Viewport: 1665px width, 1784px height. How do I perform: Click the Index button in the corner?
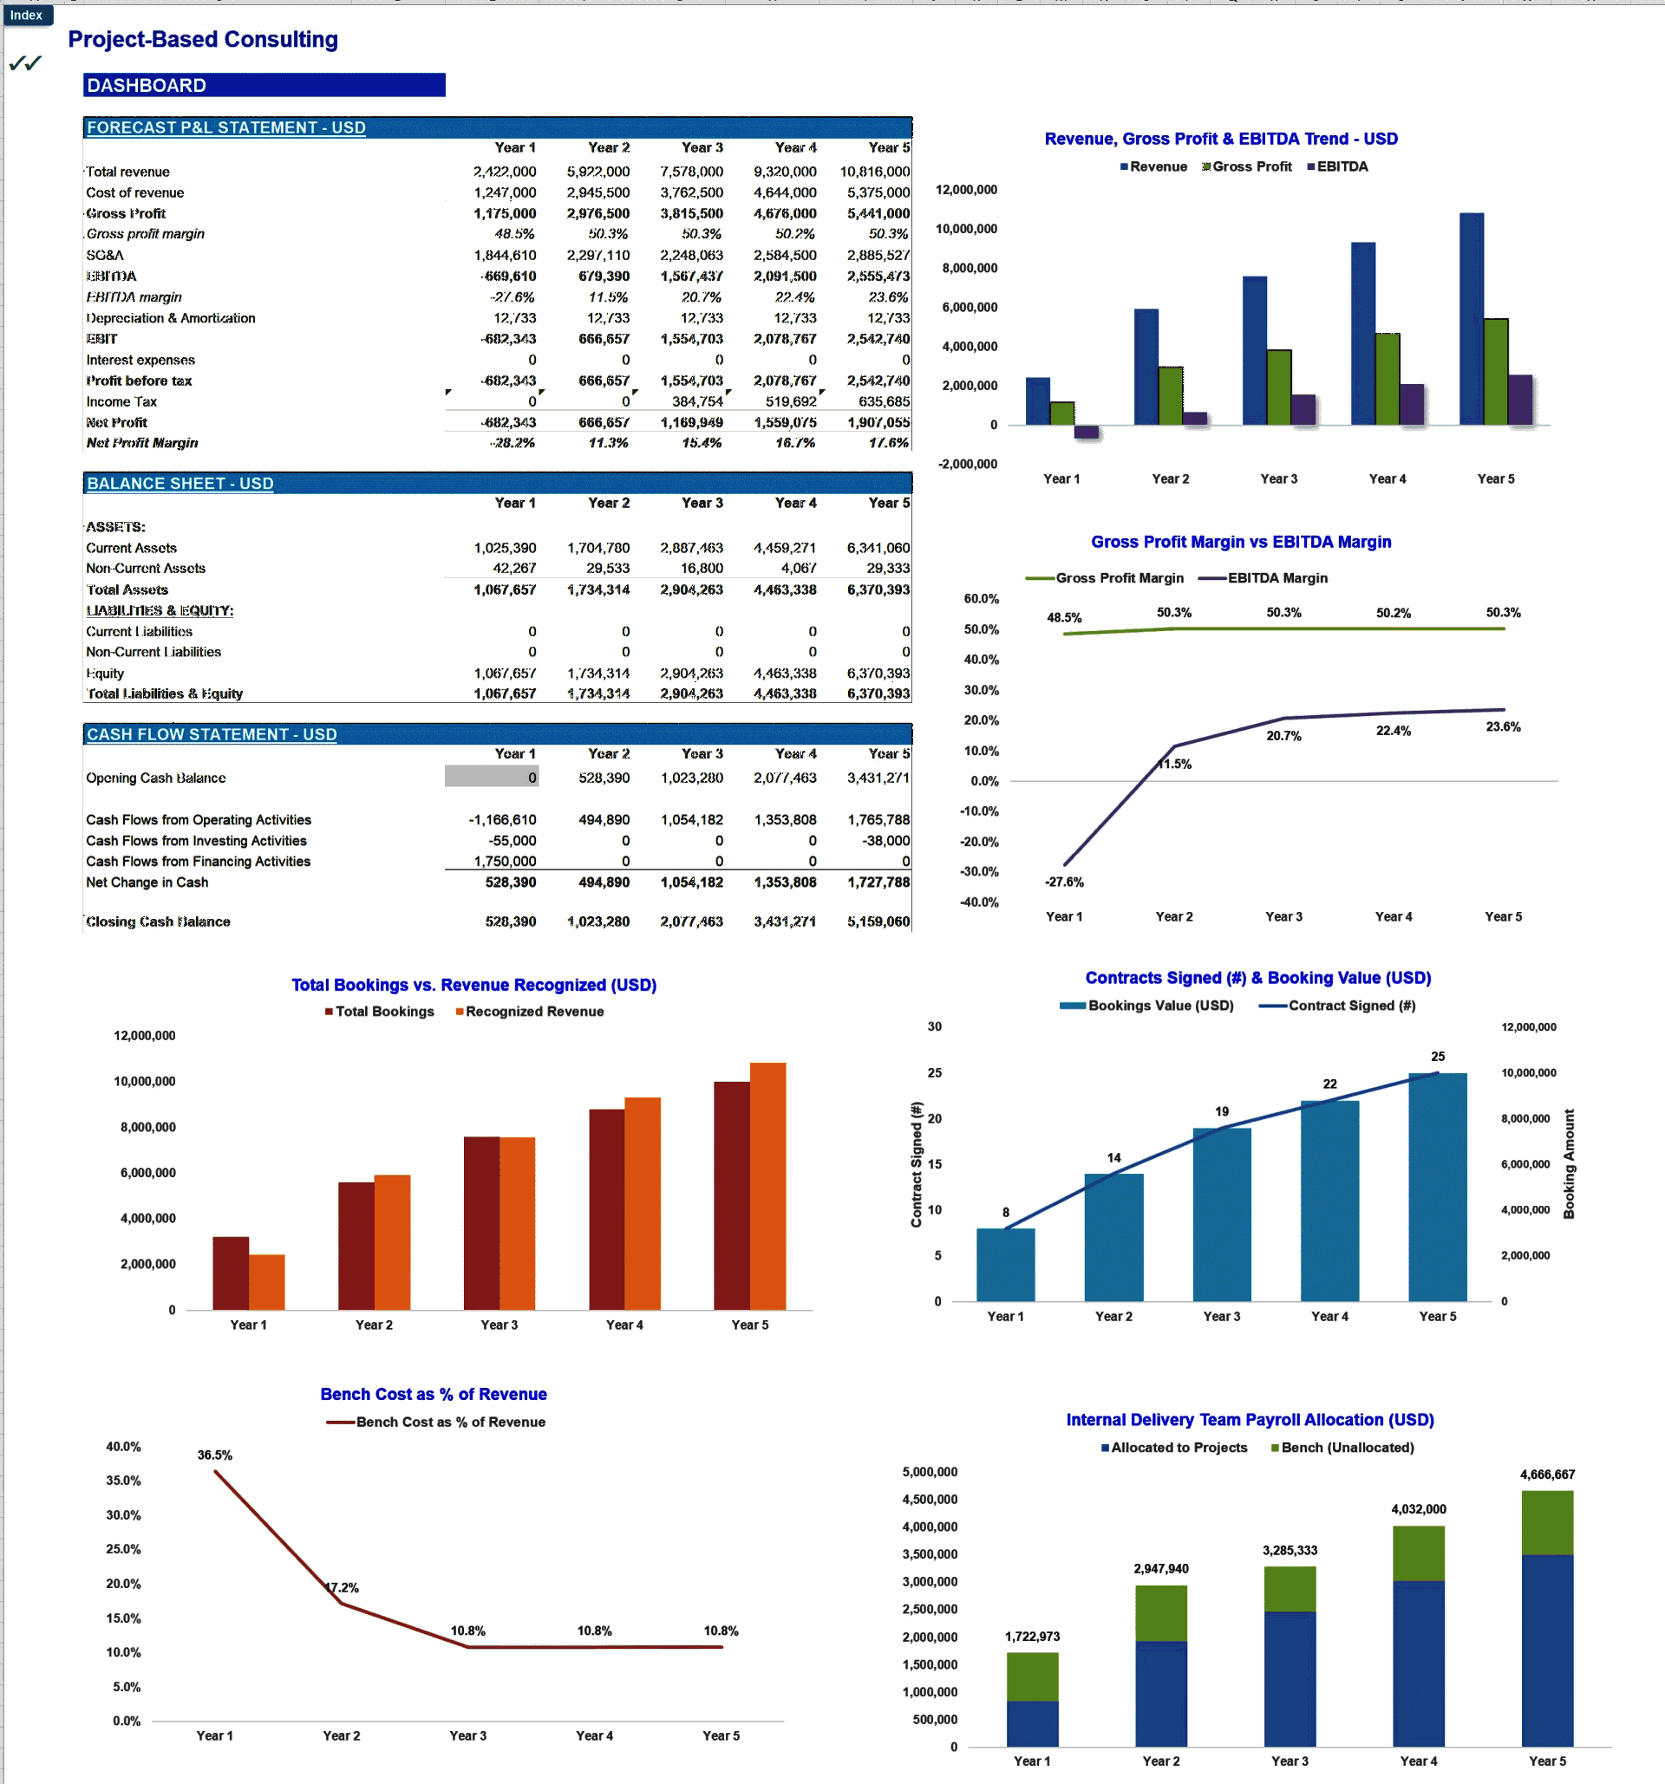pyautogui.click(x=27, y=16)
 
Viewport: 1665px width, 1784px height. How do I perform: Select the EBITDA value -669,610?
pyautogui.click(x=508, y=277)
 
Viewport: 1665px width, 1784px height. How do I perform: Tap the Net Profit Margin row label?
pyautogui.click(x=142, y=442)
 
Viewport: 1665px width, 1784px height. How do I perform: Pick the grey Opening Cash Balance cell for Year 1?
pyautogui.click(x=491, y=777)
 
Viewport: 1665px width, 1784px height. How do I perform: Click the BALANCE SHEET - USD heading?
pyautogui.click(x=180, y=484)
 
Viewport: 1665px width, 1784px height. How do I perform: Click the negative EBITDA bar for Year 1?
pyautogui.click(x=1086, y=432)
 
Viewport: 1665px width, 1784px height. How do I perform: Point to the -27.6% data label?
pyautogui.click(x=1064, y=882)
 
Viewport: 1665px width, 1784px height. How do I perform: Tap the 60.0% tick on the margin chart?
pyautogui.click(x=980, y=598)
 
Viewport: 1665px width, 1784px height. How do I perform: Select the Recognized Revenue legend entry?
pyautogui.click(x=533, y=1012)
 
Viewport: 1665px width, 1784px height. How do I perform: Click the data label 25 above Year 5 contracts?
pyautogui.click(x=1437, y=1056)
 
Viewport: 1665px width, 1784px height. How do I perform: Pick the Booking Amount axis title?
pyautogui.click(x=1568, y=1164)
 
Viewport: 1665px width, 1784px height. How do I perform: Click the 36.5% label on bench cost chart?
pyautogui.click(x=214, y=1455)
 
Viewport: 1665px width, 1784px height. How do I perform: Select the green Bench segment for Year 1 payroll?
pyautogui.click(x=1031, y=1677)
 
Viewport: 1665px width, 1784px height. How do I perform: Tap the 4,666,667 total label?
pyautogui.click(x=1546, y=1475)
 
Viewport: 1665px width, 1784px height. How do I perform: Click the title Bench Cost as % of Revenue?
pyautogui.click(x=434, y=1394)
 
